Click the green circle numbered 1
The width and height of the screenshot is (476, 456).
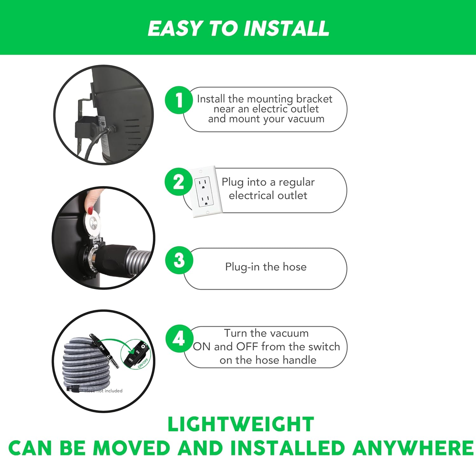click(x=179, y=100)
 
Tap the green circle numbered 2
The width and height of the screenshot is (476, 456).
click(x=179, y=182)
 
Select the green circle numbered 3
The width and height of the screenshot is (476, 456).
click(x=179, y=260)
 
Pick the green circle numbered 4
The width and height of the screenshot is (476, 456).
click(x=179, y=339)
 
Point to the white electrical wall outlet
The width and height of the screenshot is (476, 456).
click(x=205, y=192)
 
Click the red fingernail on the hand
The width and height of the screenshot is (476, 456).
click(x=90, y=210)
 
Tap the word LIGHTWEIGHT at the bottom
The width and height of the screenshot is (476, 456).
click(x=241, y=424)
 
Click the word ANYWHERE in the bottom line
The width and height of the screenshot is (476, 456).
click(x=413, y=448)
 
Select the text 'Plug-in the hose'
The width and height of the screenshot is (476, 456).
click(x=266, y=267)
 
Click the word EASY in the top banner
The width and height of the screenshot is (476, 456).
click(x=175, y=29)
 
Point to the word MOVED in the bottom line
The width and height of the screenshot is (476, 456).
click(x=131, y=448)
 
